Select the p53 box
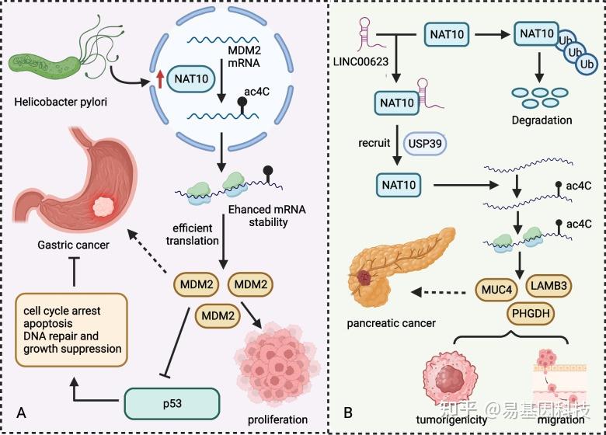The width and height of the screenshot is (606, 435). pyautogui.click(x=172, y=404)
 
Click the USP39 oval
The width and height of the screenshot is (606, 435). pyautogui.click(x=425, y=144)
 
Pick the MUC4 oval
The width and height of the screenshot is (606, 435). pyautogui.click(x=496, y=290)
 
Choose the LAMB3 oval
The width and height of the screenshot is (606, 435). pyautogui.click(x=549, y=286)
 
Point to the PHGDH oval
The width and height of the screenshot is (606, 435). pyautogui.click(x=531, y=313)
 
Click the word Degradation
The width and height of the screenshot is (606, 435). pyautogui.click(x=542, y=120)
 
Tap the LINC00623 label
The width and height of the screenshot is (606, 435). pyautogui.click(x=360, y=61)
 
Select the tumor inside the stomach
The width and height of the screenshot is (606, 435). pyautogui.click(x=103, y=207)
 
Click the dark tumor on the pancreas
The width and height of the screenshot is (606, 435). pyautogui.click(x=364, y=277)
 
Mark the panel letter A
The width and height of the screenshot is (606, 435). pyautogui.click(x=22, y=412)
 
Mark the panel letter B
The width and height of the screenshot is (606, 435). pyautogui.click(x=348, y=412)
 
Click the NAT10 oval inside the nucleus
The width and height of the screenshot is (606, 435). pyautogui.click(x=191, y=78)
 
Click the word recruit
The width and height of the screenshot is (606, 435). pyautogui.click(x=374, y=143)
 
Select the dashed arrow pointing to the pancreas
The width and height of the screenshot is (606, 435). pyautogui.click(x=439, y=292)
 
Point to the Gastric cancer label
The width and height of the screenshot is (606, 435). pyautogui.click(x=74, y=245)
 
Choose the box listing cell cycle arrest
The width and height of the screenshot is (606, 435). pyautogui.click(x=71, y=329)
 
